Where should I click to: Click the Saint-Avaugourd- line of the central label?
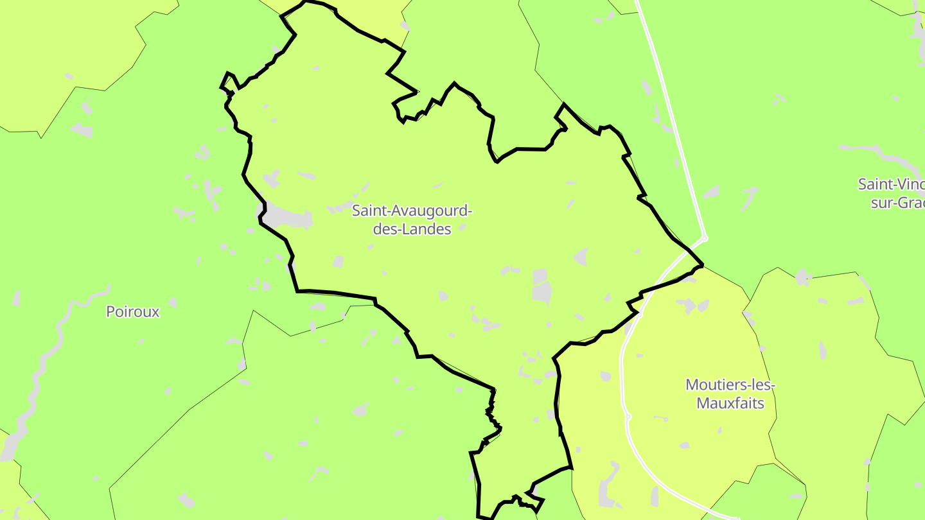coord(412,210)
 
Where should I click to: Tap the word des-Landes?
coord(412,229)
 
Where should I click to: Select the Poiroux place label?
coord(132,312)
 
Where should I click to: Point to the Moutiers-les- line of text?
coord(730,385)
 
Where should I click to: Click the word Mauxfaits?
coord(730,404)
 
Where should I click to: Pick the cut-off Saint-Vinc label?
coord(891,184)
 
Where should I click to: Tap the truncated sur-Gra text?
coord(897,203)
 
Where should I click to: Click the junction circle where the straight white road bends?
coord(705,239)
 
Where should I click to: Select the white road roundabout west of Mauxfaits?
coord(628,417)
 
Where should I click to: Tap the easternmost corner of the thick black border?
coord(703,264)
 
